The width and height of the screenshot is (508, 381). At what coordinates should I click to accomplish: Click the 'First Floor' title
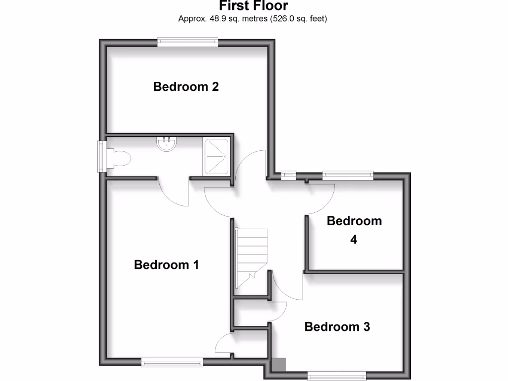pyautogui.click(x=254, y=6)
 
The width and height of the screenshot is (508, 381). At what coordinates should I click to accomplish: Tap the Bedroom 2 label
pyautogui.click(x=186, y=87)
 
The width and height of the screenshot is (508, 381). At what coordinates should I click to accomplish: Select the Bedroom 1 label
pyautogui.click(x=166, y=265)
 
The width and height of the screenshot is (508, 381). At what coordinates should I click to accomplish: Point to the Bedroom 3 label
pyautogui.click(x=337, y=327)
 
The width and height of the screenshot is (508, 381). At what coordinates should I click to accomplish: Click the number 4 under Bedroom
pyautogui.click(x=354, y=240)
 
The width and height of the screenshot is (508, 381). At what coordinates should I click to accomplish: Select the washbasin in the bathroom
pyautogui.click(x=166, y=143)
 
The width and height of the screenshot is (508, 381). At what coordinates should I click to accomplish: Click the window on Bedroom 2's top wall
pyautogui.click(x=188, y=43)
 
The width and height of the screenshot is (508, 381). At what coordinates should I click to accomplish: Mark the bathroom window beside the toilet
pyautogui.click(x=101, y=156)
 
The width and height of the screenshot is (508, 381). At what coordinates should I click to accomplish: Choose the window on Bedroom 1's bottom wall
pyautogui.click(x=172, y=363)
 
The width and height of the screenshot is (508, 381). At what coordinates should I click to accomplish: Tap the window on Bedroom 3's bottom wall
pyautogui.click(x=337, y=376)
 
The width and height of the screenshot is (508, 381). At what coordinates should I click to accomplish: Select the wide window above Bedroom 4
pyautogui.click(x=347, y=175)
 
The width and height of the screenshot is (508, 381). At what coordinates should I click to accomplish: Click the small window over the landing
pyautogui.click(x=288, y=175)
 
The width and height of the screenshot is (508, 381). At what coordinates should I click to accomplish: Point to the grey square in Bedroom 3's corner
pyautogui.click(x=280, y=365)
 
